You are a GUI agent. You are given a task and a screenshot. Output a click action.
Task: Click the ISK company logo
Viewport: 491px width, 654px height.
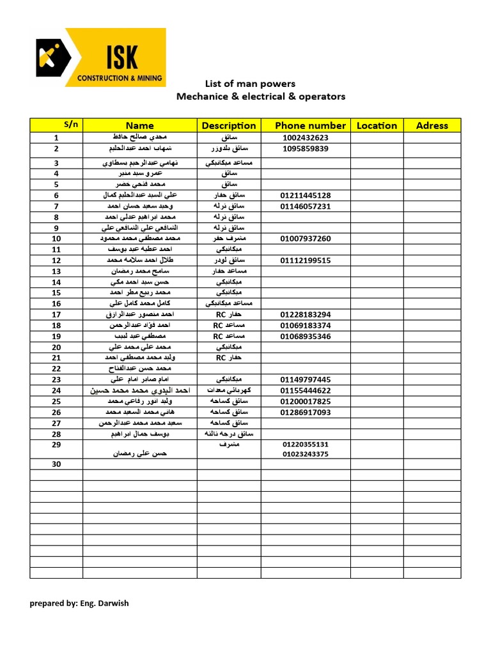coord(101,57)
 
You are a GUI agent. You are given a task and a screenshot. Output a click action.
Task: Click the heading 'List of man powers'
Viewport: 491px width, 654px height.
coord(250,84)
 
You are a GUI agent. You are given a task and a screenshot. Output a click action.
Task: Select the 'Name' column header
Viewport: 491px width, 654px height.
coord(139,126)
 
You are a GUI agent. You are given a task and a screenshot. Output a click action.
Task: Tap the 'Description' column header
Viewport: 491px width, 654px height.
coord(228,126)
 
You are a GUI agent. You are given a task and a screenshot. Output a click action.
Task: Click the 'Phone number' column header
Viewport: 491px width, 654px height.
coord(310,126)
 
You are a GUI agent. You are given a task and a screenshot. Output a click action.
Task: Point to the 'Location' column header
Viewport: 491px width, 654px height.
coord(377,126)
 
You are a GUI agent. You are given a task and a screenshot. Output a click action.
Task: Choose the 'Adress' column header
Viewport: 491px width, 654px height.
coord(432,126)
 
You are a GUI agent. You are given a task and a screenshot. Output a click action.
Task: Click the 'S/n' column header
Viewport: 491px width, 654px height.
coord(71,124)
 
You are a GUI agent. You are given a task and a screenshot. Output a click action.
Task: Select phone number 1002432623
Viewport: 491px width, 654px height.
coord(305,138)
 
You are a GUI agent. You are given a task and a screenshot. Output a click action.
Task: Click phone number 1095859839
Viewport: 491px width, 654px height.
coord(305,149)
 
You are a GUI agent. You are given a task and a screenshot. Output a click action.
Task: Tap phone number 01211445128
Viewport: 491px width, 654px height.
coord(306,195)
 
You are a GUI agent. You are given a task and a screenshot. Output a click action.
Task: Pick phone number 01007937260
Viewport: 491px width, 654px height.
coord(306,239)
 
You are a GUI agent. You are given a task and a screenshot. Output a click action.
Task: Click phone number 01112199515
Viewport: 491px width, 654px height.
coord(306,261)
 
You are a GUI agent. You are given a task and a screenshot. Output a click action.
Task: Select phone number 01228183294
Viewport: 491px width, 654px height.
coord(306,315)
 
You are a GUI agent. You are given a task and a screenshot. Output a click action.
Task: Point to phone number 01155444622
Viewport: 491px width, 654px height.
coord(306,390)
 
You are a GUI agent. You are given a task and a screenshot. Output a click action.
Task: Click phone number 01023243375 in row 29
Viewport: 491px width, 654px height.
coord(306,454)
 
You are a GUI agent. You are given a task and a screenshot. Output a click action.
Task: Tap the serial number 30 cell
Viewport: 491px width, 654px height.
coord(56,464)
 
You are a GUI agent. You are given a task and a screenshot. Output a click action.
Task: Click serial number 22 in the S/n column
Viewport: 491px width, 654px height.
coord(56,369)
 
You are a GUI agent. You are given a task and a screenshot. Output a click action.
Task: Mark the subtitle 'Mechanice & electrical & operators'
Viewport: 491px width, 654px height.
coord(261,96)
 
